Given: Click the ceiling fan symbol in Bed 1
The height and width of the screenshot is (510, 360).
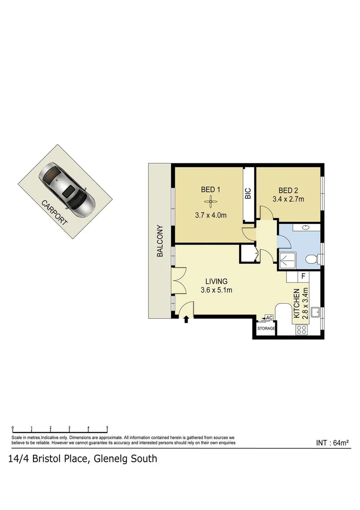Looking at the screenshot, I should [211, 203].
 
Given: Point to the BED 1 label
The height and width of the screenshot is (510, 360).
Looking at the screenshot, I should [211, 190].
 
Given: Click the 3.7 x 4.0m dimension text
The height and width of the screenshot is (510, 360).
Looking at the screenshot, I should [211, 215].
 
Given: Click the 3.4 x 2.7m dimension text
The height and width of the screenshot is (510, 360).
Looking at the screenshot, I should [289, 199].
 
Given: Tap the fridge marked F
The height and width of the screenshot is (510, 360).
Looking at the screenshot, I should [303, 276].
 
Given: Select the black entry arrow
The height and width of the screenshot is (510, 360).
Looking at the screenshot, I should [186, 319].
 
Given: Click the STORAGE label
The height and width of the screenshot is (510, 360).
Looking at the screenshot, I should [266, 328].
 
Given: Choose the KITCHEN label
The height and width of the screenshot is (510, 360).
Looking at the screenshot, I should [297, 304].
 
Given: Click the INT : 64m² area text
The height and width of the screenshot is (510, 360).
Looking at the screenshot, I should [332, 442].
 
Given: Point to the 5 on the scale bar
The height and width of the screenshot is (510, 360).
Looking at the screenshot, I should [108, 427].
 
